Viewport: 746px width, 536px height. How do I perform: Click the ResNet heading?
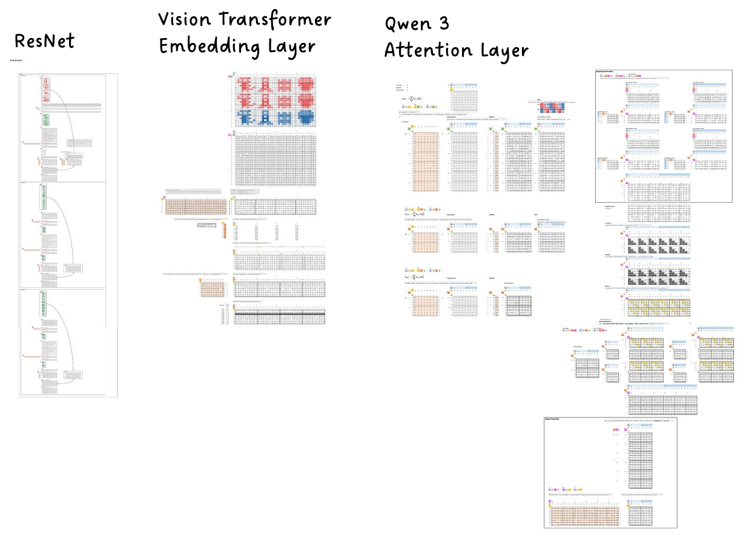click(44, 41)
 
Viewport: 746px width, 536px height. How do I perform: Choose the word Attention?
click(423, 51)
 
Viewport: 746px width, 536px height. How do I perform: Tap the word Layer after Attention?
click(501, 51)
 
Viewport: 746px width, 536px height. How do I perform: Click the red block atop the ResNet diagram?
click(45, 91)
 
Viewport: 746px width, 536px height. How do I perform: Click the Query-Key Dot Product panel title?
click(608, 72)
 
